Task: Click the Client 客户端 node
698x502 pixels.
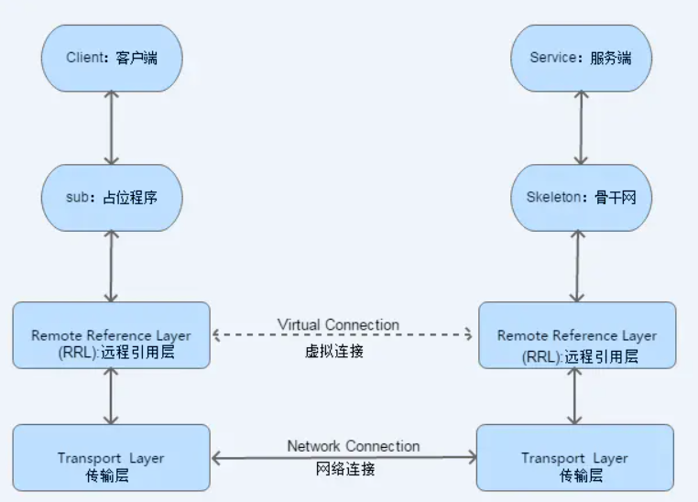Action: point(112,58)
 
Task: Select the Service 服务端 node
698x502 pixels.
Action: point(580,58)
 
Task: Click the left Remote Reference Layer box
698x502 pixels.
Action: point(112,335)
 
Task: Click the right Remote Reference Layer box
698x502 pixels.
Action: point(576,335)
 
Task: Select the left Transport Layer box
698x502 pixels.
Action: point(112,457)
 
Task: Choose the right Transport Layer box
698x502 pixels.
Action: point(576,457)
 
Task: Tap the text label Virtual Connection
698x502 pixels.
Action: point(338,324)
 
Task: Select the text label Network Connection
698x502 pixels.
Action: point(353,446)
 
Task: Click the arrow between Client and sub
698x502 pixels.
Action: point(112,127)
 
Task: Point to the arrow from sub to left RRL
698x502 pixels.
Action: point(112,266)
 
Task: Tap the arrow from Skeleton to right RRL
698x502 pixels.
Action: point(576,266)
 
